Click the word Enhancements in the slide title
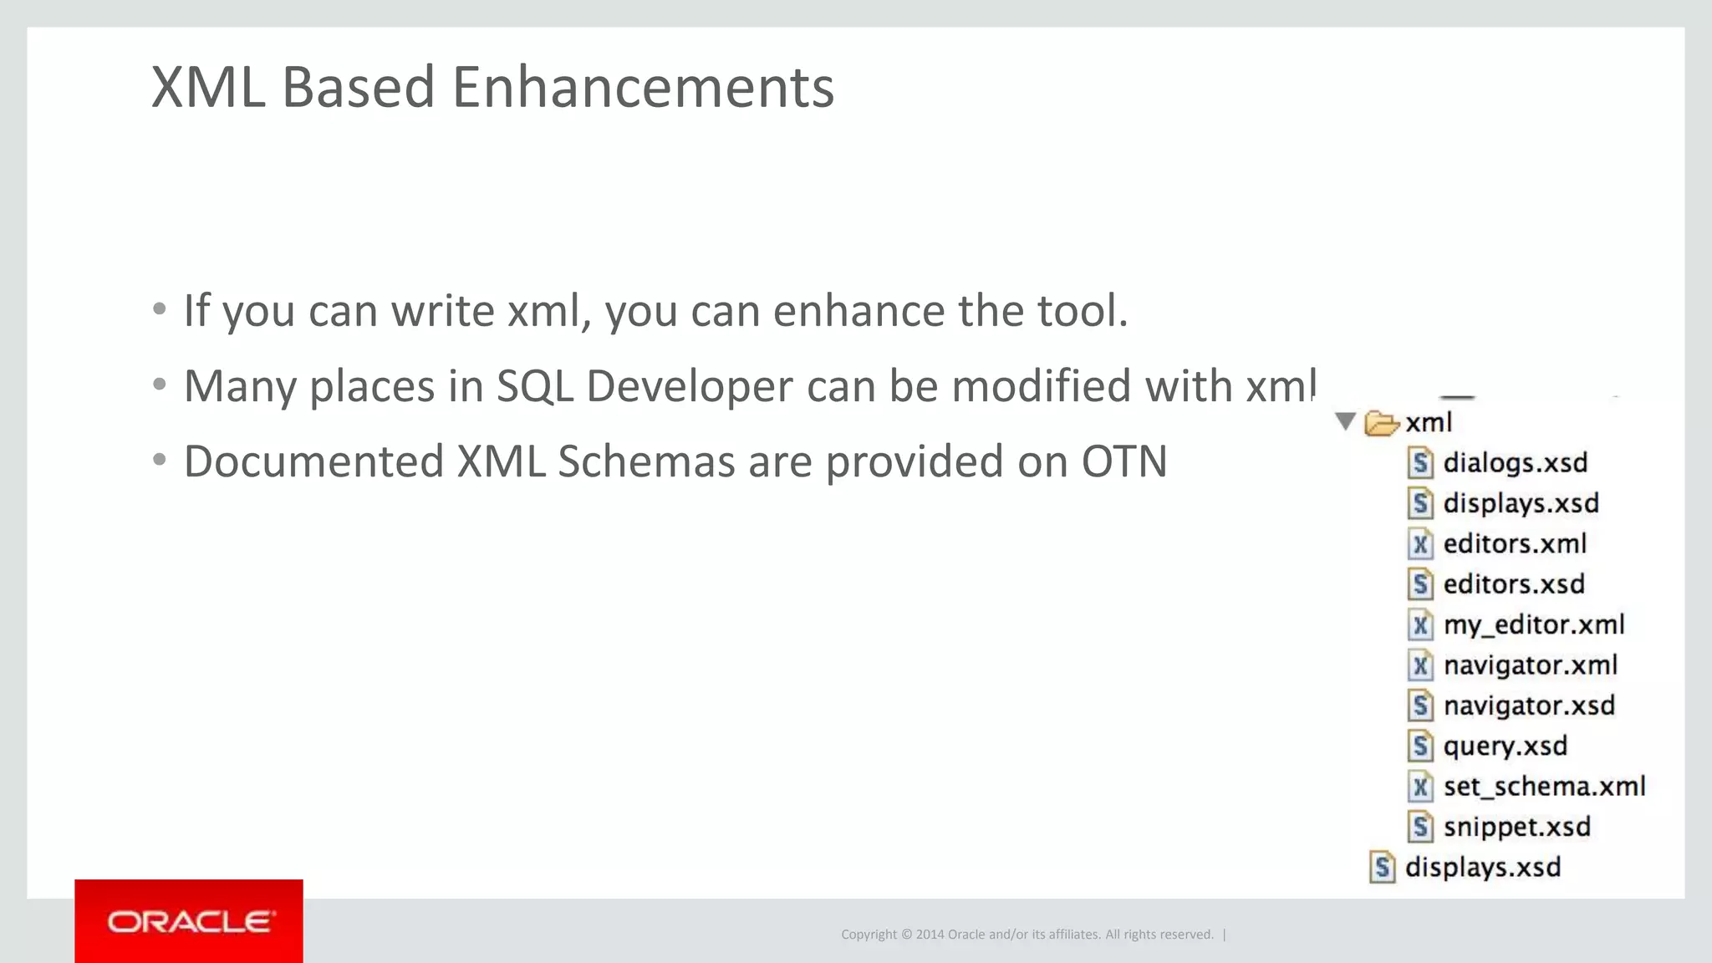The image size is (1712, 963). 643,87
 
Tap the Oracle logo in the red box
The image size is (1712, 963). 189,922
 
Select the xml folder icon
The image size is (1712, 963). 1381,423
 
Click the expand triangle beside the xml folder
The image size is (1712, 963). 1345,421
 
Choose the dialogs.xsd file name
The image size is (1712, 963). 1515,462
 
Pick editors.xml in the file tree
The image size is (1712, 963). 1514,543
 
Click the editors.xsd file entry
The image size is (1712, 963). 1513,583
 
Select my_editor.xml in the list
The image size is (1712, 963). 1533,624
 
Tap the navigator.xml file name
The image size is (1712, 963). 1530,665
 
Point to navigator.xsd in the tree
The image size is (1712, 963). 1528,706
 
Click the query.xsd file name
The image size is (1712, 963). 1505,746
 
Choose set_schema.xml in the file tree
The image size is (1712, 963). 1543,787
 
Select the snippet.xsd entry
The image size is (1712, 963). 1516,827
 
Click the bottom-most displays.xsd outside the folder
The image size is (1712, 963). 1482,867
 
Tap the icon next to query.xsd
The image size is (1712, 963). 1419,746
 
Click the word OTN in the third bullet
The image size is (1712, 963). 1123,461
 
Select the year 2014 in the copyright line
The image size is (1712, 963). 930,935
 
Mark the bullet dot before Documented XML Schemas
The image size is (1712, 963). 160,461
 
